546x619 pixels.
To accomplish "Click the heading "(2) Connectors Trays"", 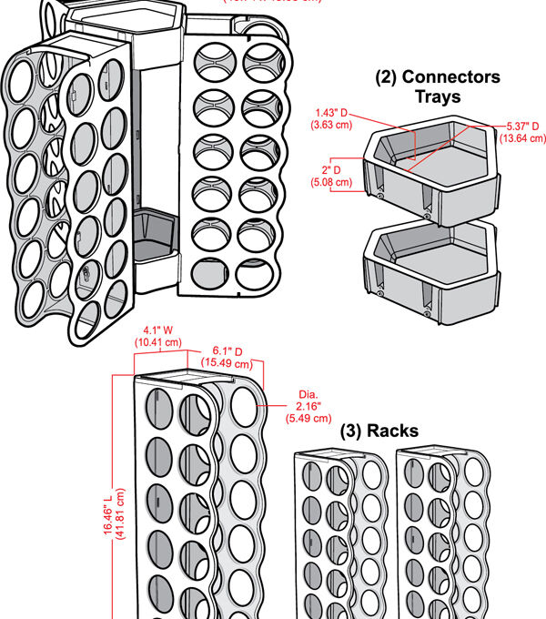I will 439,86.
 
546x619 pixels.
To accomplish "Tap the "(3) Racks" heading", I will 379,431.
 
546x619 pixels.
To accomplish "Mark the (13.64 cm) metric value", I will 523,138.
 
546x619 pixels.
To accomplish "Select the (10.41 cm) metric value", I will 159,341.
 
